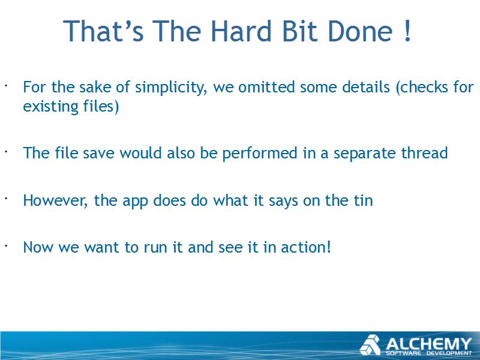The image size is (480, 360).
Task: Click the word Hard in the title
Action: coord(241,31)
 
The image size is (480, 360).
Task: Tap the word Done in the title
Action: coord(360,31)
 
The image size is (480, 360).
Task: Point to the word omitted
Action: coord(266,87)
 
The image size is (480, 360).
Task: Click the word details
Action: coord(366,87)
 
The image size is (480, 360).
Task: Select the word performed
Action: coord(260,154)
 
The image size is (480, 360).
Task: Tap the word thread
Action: coord(424,153)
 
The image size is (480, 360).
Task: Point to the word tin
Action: coord(364,201)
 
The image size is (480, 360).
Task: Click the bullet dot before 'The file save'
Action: coord(6,151)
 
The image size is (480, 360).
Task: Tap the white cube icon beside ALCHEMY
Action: coord(370,345)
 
